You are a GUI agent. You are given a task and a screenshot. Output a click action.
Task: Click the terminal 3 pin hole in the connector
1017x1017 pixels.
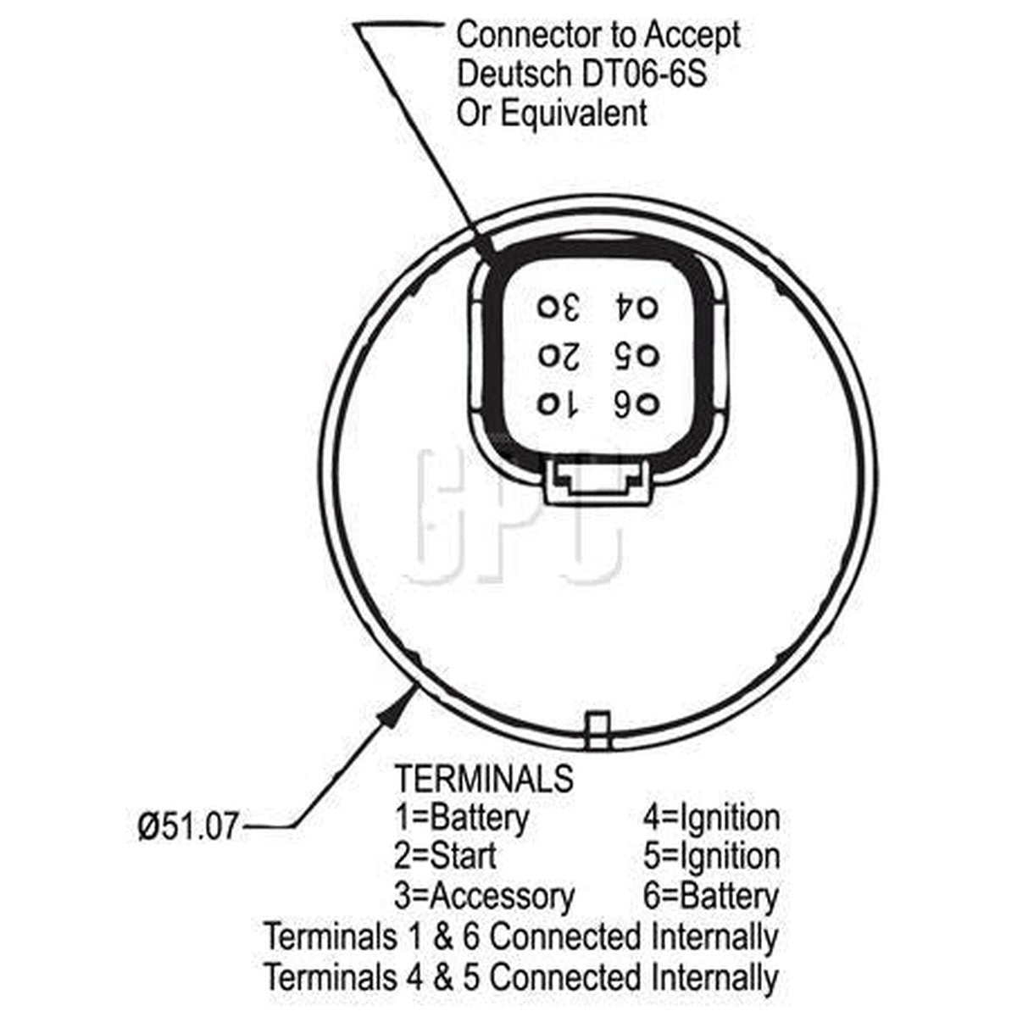click(x=547, y=307)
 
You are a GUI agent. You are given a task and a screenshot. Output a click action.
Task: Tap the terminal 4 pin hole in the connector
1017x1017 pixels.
click(x=648, y=308)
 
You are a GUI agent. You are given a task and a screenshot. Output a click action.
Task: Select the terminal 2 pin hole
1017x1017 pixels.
click(x=547, y=356)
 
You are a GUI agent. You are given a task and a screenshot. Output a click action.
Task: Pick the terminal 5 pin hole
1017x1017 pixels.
click(x=649, y=357)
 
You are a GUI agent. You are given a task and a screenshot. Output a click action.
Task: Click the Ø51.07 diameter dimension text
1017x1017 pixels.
click(x=188, y=826)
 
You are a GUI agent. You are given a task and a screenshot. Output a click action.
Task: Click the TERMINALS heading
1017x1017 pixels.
click(x=485, y=778)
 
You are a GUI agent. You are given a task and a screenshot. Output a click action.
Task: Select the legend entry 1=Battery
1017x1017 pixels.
click(x=461, y=819)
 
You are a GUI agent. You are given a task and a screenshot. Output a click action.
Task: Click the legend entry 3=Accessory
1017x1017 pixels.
click(x=484, y=897)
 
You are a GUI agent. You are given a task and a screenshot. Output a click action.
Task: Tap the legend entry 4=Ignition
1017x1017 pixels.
click(x=711, y=819)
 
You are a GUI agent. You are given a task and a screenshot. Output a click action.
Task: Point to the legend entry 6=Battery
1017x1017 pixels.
click(x=711, y=897)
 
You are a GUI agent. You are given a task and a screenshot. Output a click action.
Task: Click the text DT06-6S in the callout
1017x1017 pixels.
click(x=643, y=75)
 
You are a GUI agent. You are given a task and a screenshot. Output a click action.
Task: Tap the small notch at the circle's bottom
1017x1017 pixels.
click(x=598, y=731)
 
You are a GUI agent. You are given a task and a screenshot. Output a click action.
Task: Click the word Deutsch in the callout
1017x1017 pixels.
click(x=514, y=75)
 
